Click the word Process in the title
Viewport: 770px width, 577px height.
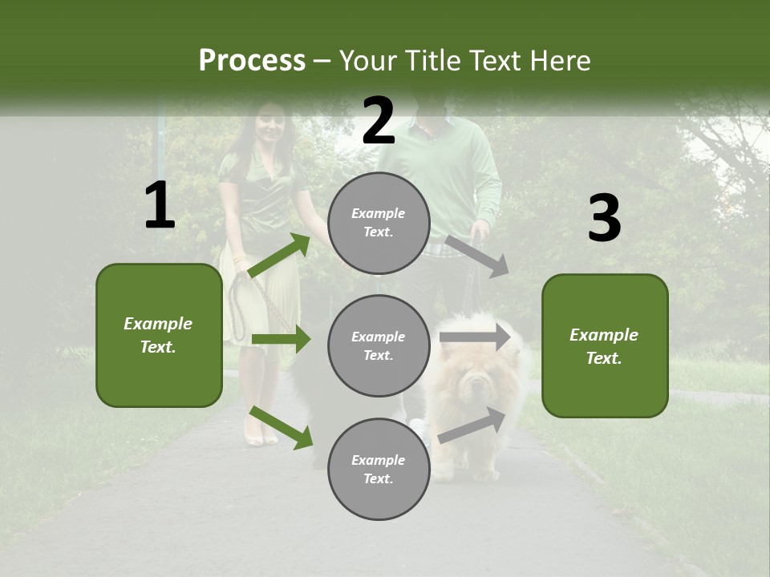pos(252,60)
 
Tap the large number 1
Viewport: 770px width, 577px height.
pos(160,206)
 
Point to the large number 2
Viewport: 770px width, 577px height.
pos(379,121)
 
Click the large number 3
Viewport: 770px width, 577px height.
pos(604,219)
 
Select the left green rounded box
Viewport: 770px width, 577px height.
pos(159,335)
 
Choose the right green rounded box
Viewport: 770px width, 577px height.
pos(605,345)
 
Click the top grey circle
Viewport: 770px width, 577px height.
pos(379,223)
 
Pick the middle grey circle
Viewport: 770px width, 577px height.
pos(379,345)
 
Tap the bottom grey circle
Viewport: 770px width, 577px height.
pos(379,469)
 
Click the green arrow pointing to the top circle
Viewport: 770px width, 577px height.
pos(280,256)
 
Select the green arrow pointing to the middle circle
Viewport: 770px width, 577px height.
pos(281,339)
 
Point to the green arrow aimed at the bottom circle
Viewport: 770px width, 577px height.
pos(282,428)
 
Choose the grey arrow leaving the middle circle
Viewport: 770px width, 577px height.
pos(475,337)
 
